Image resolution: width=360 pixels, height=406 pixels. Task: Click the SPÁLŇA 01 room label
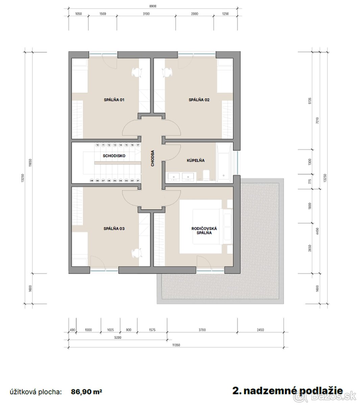(114, 100)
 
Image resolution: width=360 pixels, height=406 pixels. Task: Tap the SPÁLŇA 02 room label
(199, 100)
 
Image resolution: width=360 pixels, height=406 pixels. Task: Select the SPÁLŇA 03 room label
(114, 229)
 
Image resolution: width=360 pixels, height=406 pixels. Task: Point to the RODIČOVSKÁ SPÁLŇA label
(204, 231)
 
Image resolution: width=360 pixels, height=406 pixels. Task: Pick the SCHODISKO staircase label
(114, 156)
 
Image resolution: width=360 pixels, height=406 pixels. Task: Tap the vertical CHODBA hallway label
(153, 158)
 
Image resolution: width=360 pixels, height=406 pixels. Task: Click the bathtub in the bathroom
(224, 161)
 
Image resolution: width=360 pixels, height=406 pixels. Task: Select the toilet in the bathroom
(206, 175)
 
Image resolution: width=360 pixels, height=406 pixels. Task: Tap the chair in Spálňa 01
(136, 72)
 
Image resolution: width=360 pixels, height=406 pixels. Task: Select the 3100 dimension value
(146, 14)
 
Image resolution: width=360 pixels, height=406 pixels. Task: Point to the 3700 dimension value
(202, 330)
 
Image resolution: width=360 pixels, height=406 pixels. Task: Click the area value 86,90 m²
(87, 392)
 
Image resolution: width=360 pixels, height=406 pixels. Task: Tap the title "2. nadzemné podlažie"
(288, 391)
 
